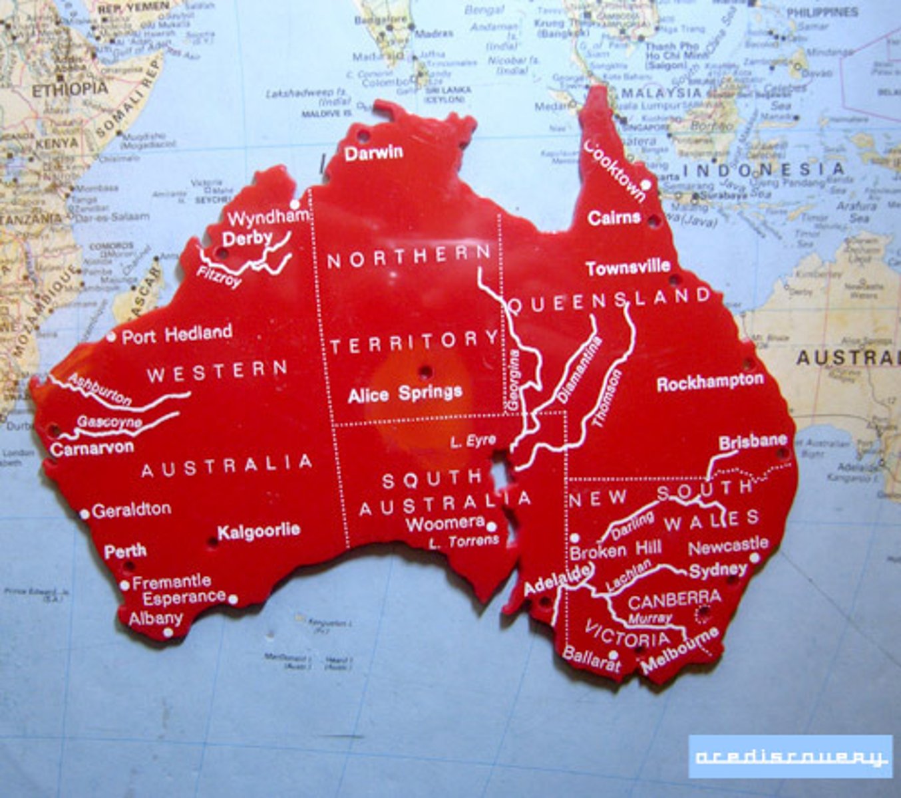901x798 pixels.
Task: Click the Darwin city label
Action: click(x=373, y=152)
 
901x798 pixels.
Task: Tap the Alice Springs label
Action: click(x=405, y=394)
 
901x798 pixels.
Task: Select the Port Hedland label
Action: click(x=176, y=334)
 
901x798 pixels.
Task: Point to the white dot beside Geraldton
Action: click(x=85, y=514)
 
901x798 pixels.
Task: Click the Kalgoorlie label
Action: click(x=259, y=531)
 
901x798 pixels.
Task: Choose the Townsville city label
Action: click(x=628, y=267)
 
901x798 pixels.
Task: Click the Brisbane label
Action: click(x=753, y=442)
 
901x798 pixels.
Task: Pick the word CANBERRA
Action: click(x=674, y=600)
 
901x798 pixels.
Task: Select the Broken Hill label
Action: click(x=616, y=550)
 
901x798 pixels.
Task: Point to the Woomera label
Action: click(x=445, y=523)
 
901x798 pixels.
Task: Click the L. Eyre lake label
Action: click(x=472, y=441)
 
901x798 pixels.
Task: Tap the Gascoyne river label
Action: click(x=109, y=422)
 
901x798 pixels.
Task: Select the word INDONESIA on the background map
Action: click(x=763, y=170)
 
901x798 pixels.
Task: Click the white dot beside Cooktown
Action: click(x=645, y=184)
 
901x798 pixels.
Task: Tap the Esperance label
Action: click(x=184, y=597)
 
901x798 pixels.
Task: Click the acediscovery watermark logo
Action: click(x=790, y=757)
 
